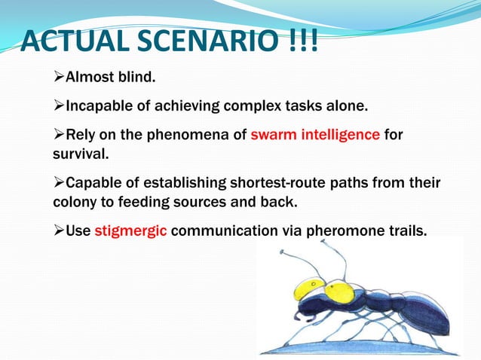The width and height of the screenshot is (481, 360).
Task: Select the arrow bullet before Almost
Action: tap(58, 78)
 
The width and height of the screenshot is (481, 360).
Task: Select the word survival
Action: tap(79, 154)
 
